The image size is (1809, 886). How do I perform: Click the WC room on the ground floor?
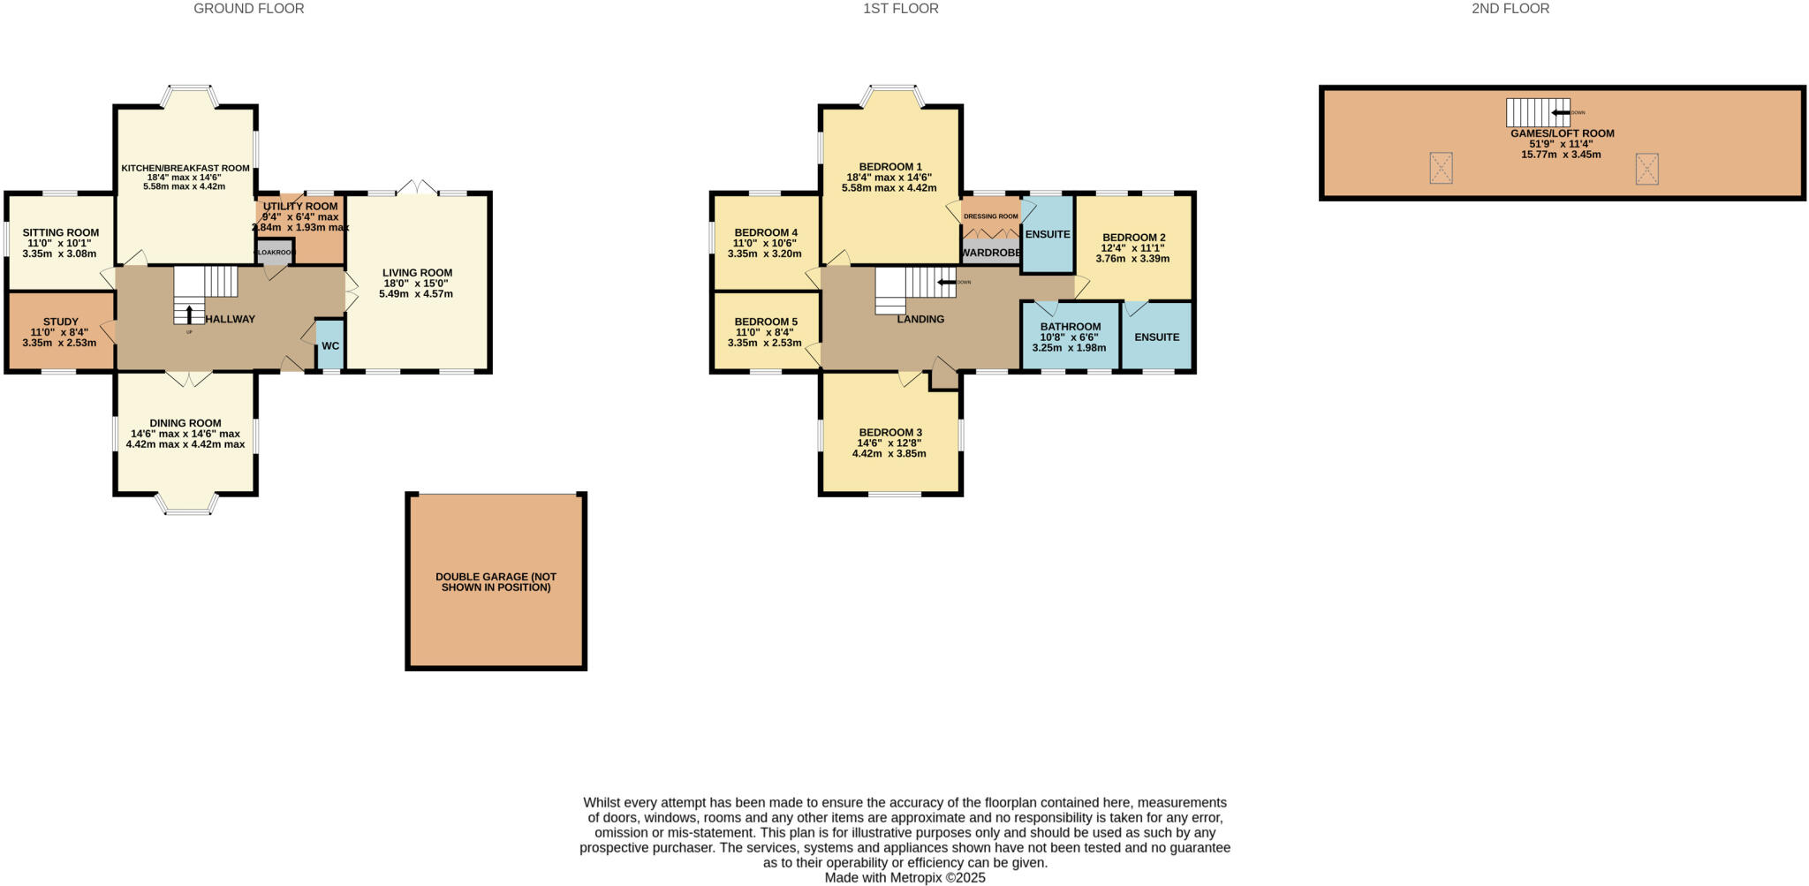(x=330, y=345)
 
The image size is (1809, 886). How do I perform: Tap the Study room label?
(x=61, y=322)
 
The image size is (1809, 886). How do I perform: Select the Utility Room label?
(x=300, y=206)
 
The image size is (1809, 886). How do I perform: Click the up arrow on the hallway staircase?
(x=189, y=314)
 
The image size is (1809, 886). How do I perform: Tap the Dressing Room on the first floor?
(x=990, y=216)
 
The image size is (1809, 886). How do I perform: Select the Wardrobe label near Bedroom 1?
(x=990, y=253)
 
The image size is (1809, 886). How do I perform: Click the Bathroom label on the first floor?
(x=1070, y=327)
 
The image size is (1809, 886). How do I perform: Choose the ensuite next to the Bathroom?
(x=1156, y=337)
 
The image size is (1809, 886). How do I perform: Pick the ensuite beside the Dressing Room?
(x=1048, y=234)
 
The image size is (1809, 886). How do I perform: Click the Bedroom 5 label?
(x=766, y=322)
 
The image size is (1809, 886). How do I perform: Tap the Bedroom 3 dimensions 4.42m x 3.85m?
(x=889, y=453)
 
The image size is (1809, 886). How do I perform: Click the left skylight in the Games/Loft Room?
(x=1441, y=168)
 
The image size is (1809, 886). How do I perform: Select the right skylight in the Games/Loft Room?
(x=1646, y=168)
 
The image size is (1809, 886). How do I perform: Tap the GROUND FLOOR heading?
(x=248, y=9)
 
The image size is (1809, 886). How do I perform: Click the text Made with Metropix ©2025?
(x=904, y=877)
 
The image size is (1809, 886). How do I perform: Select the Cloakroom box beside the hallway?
(x=275, y=252)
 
